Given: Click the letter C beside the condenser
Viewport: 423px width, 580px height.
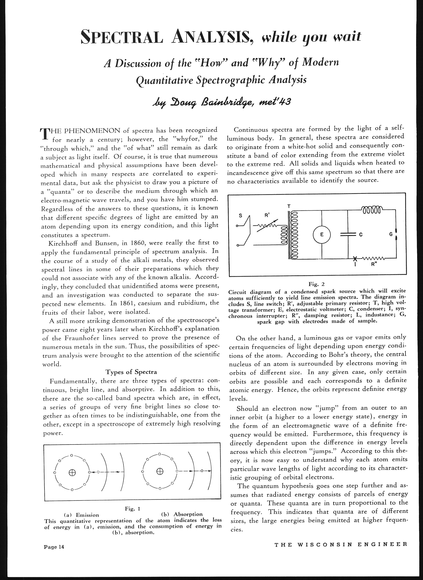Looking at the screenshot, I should [360, 234].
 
